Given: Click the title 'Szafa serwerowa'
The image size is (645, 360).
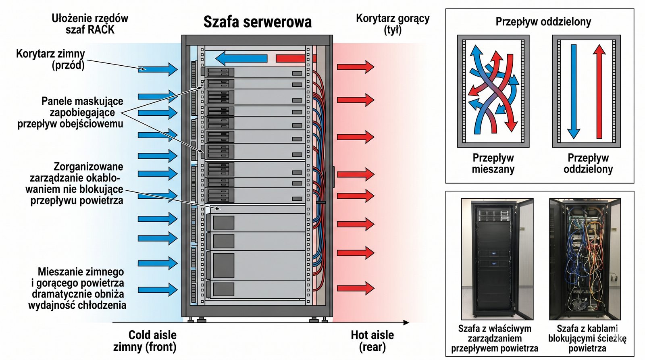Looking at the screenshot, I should (257, 22).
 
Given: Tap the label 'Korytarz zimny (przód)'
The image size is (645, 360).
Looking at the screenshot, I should (51, 59).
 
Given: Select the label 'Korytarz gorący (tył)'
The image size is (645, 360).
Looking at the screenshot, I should (393, 24).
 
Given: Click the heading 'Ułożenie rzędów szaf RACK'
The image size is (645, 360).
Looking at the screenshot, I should (90, 24).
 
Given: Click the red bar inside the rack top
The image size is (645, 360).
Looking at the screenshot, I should (290, 58).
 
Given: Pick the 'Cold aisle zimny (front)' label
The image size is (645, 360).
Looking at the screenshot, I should (146, 341).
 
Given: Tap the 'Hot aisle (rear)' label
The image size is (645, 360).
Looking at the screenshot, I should (372, 341).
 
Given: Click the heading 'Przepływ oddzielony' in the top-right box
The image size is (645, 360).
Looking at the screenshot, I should (543, 22).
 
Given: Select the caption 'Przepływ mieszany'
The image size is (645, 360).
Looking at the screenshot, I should (493, 163).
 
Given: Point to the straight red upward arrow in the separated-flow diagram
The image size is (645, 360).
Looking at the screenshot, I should (599, 92).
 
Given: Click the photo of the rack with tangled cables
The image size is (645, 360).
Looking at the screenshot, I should (585, 258).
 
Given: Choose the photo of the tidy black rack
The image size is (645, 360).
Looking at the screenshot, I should (497, 258).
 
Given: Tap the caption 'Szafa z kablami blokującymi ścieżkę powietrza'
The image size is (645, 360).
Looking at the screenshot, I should (587, 338).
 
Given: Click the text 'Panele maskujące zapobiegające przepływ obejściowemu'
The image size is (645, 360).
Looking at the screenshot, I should (71, 112).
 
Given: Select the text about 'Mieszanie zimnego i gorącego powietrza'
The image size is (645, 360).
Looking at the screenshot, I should (78, 288).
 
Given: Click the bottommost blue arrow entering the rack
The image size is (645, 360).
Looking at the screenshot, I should (157, 289).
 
